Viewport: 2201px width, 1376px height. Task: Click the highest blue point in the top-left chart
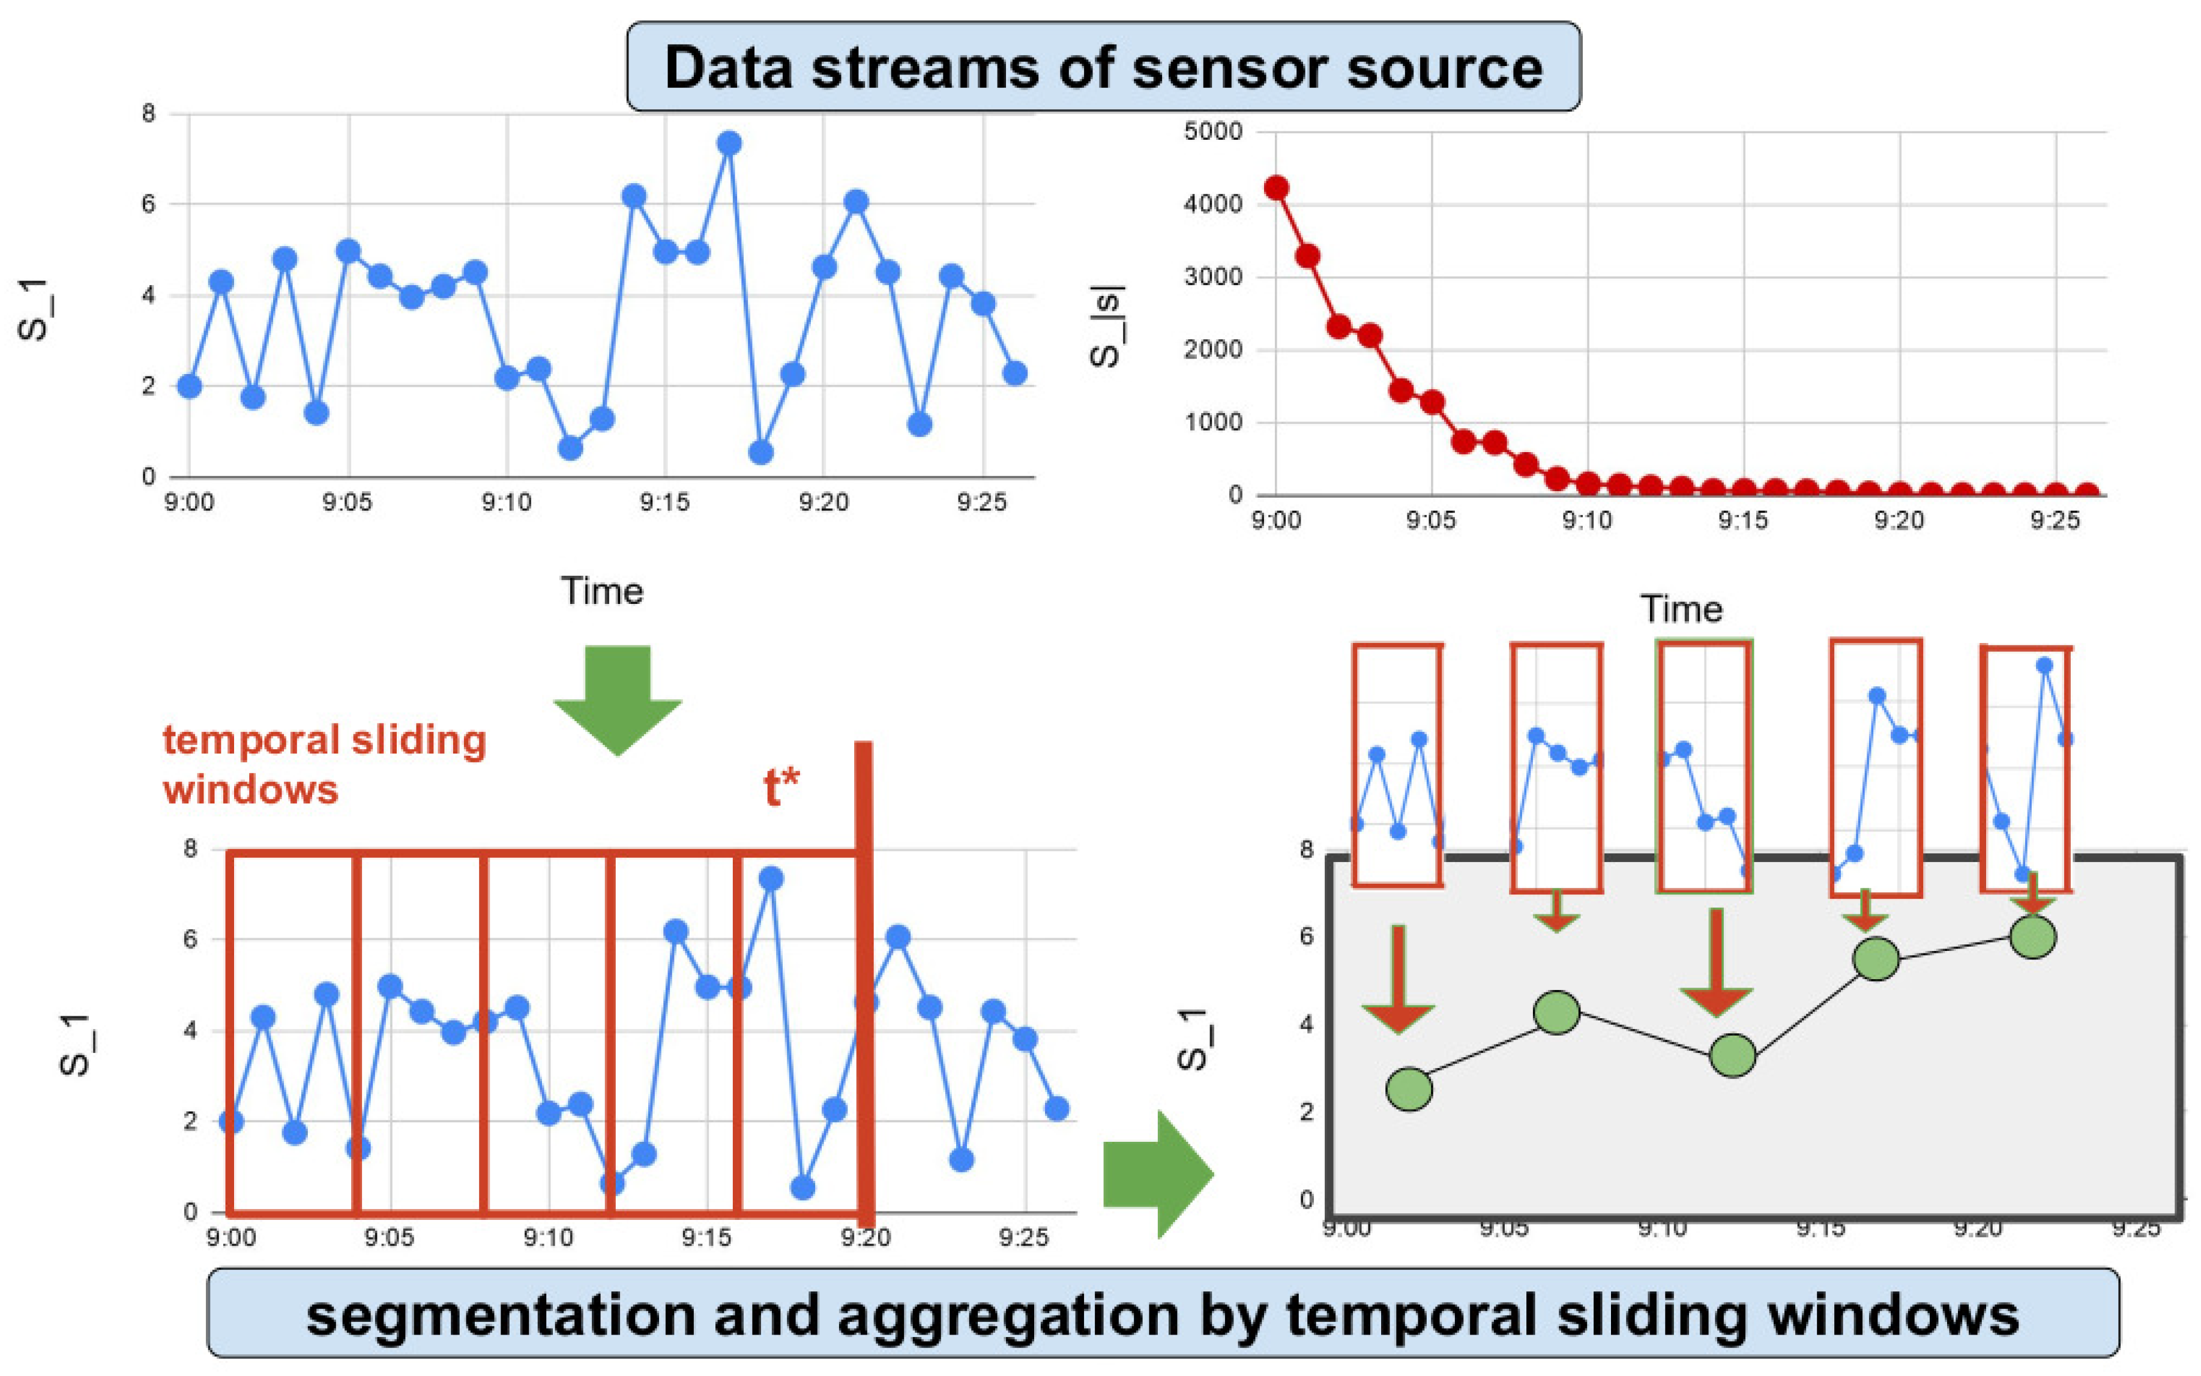(x=728, y=144)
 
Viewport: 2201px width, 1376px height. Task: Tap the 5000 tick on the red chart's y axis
(x=1212, y=132)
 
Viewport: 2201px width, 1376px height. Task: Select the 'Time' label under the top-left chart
(x=601, y=591)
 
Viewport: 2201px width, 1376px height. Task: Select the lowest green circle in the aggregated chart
(x=1409, y=1089)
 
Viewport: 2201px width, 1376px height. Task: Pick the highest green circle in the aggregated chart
(x=2033, y=937)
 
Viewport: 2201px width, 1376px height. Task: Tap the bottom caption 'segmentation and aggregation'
(x=1163, y=1316)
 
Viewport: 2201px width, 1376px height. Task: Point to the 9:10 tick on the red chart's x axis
(x=1587, y=521)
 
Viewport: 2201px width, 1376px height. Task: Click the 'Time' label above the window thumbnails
(x=1681, y=609)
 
